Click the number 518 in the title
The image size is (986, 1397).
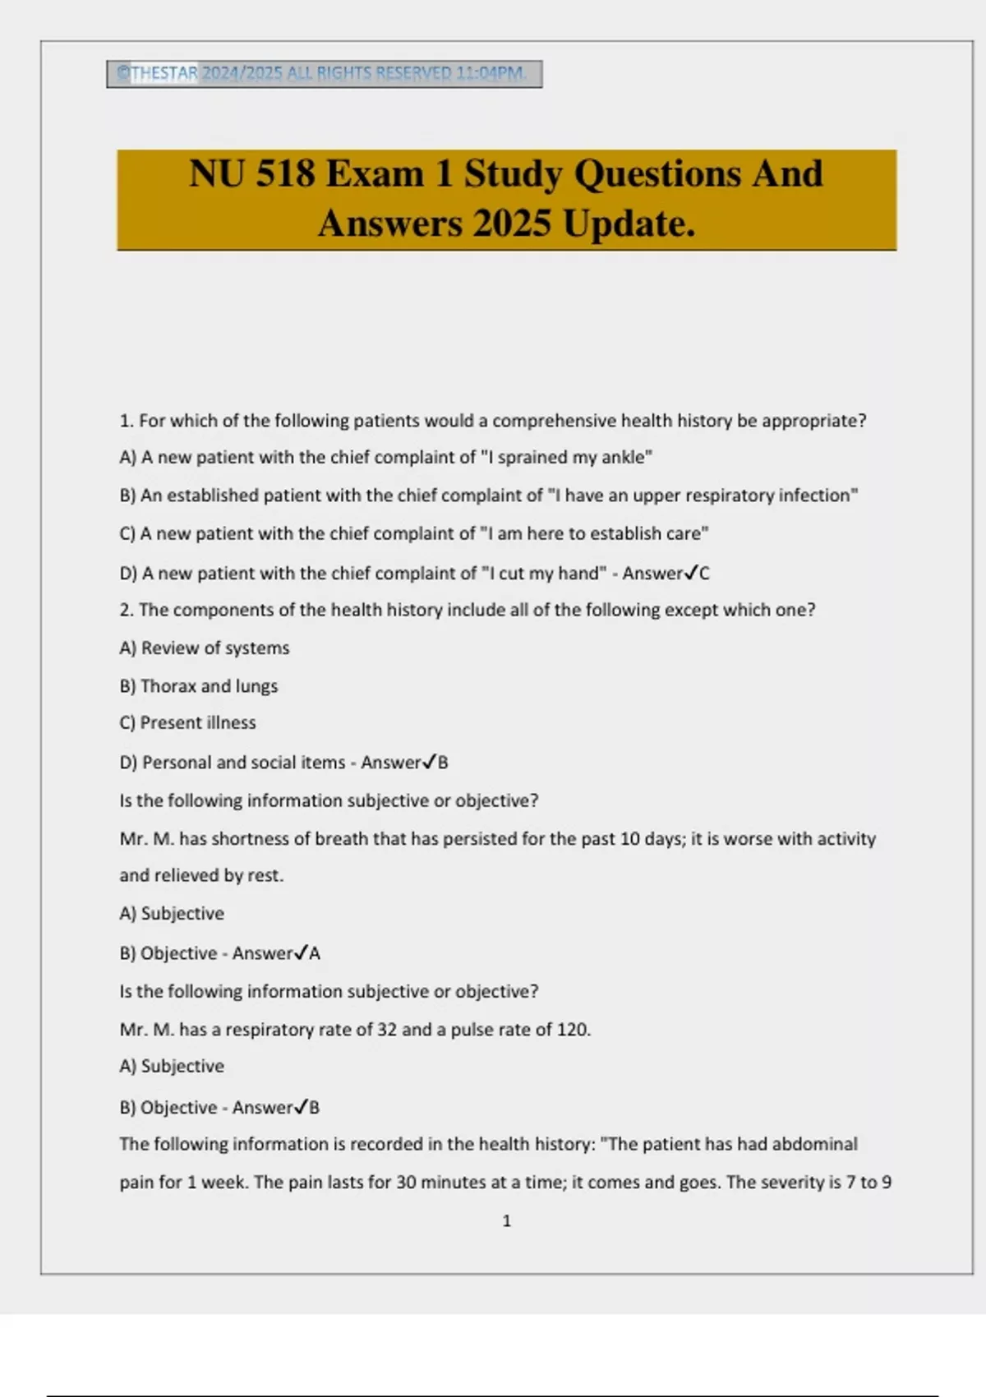pyautogui.click(x=285, y=174)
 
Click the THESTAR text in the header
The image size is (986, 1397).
pyautogui.click(x=164, y=73)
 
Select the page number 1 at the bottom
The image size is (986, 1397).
pyautogui.click(x=506, y=1221)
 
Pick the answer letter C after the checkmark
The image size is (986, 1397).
pyautogui.click(x=704, y=574)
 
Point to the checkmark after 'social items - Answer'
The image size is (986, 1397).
pyautogui.click(x=429, y=762)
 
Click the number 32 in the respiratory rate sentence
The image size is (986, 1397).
pyautogui.click(x=386, y=1030)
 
